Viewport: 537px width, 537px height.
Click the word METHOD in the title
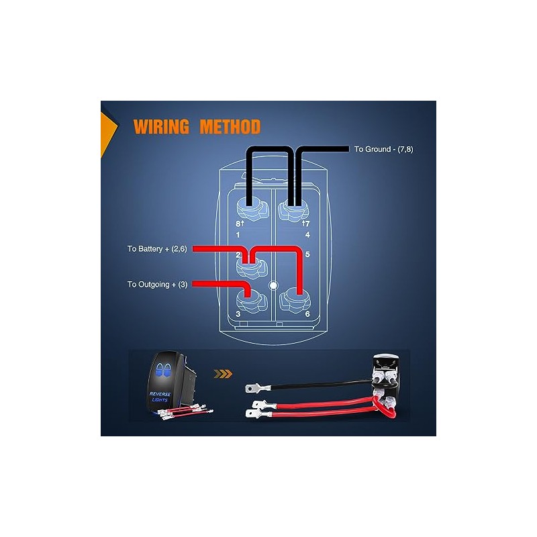[226, 127]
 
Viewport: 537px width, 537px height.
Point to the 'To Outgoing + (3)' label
[158, 284]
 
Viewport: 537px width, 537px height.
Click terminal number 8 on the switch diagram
[238, 223]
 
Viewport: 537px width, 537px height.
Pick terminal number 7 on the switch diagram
[307, 223]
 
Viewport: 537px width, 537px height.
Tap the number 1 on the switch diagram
[238, 235]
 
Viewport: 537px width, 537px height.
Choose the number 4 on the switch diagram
[307, 235]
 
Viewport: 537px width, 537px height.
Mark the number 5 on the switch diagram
[307, 255]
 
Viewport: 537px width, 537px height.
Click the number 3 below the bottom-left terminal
[238, 314]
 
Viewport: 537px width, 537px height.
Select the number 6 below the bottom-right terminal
[307, 314]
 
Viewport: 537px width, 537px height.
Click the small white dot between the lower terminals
[273, 285]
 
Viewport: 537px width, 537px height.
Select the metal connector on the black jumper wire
[254, 387]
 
